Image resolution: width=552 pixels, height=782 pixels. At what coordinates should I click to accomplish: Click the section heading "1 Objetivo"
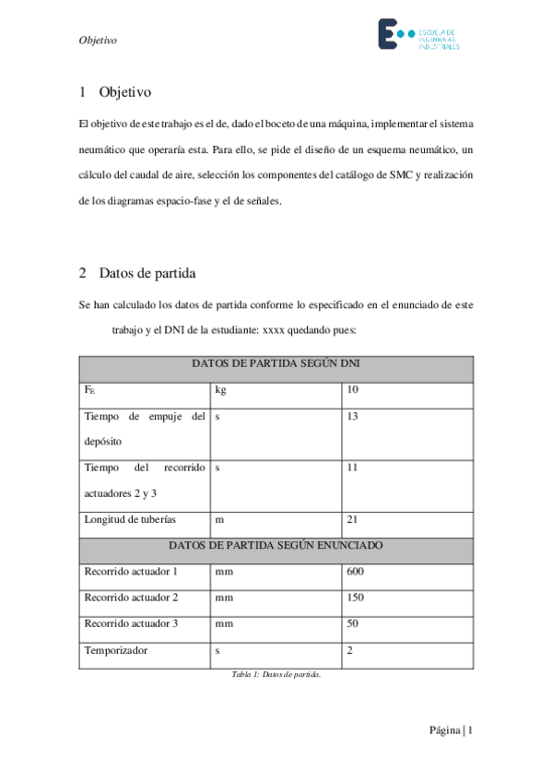115,92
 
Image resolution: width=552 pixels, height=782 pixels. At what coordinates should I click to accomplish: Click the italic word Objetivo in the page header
98,41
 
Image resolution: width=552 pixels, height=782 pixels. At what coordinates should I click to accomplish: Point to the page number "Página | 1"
451,730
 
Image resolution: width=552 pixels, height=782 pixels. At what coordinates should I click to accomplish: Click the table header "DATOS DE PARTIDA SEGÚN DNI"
276,363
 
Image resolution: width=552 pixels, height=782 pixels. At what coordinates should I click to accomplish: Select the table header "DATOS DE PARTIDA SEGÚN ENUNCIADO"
276,545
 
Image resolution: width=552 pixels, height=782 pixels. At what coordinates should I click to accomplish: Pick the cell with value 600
356,572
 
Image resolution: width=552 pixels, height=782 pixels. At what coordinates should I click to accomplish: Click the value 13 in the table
352,417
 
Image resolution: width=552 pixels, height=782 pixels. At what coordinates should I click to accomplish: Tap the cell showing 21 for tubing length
352,520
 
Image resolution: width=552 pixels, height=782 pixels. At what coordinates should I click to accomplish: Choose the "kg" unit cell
220,390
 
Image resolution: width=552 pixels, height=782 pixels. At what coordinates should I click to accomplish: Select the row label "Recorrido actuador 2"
131,598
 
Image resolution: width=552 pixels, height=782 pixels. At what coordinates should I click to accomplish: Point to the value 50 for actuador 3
352,623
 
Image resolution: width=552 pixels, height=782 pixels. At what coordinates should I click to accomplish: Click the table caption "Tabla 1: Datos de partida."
276,675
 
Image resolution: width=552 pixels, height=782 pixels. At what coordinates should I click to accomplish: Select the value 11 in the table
352,468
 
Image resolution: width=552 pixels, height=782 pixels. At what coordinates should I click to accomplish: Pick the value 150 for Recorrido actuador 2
356,598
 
